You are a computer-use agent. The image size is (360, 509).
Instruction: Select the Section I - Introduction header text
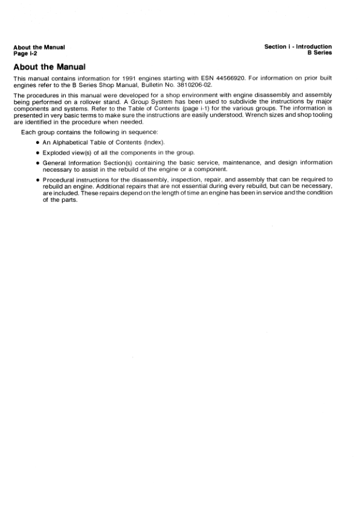[x=298, y=47]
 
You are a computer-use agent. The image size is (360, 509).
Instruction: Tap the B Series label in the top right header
[x=320, y=53]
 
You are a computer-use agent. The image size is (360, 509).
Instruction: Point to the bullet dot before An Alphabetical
[x=37, y=142]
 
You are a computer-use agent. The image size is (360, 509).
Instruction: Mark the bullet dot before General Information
[x=37, y=163]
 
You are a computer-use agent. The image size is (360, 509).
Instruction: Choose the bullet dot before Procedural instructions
[x=37, y=180]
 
